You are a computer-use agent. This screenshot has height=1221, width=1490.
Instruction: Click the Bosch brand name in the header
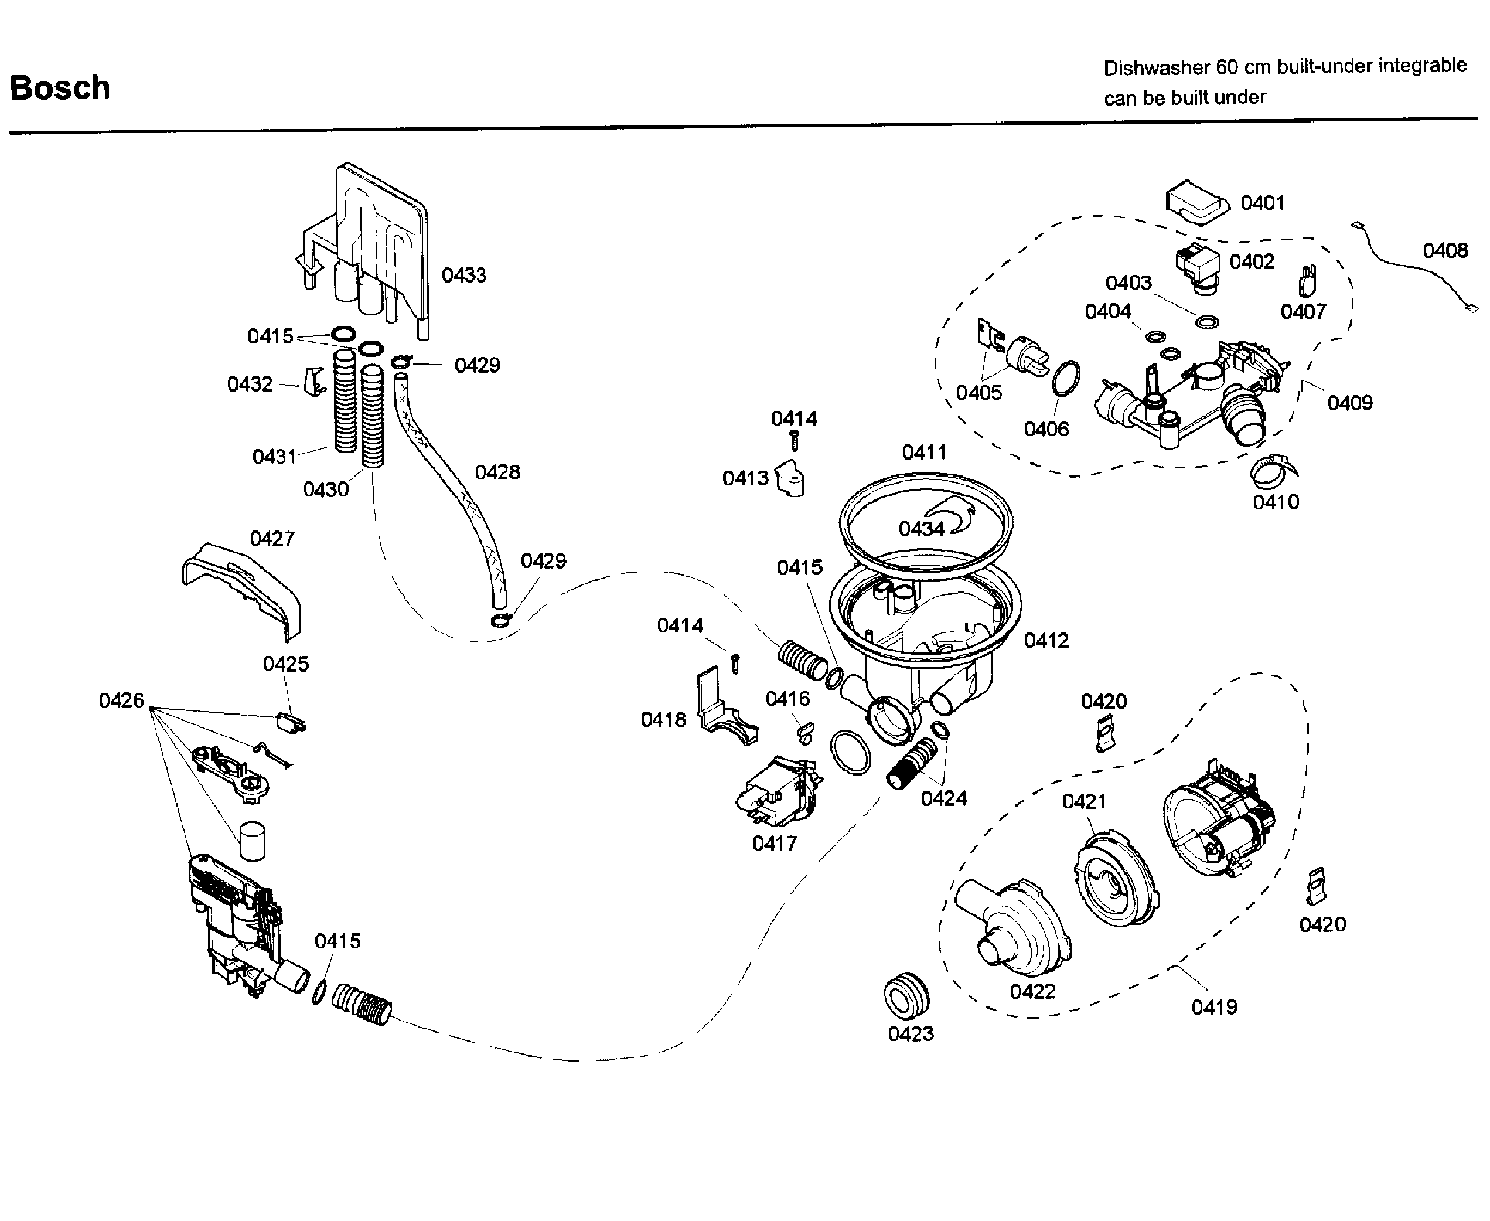60,89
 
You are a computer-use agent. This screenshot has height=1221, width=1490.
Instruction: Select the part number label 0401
1262,203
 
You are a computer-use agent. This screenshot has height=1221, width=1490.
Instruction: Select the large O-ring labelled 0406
1066,379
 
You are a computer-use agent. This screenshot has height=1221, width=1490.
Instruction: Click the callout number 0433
463,275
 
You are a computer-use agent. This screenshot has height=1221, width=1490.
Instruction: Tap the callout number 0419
1213,1007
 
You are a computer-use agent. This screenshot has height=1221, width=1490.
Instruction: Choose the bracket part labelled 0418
724,710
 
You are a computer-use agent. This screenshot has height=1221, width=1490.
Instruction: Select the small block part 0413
790,479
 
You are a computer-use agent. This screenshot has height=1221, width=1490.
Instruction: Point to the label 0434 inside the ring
920,529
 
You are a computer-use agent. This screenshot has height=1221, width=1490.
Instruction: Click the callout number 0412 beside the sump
1046,641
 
